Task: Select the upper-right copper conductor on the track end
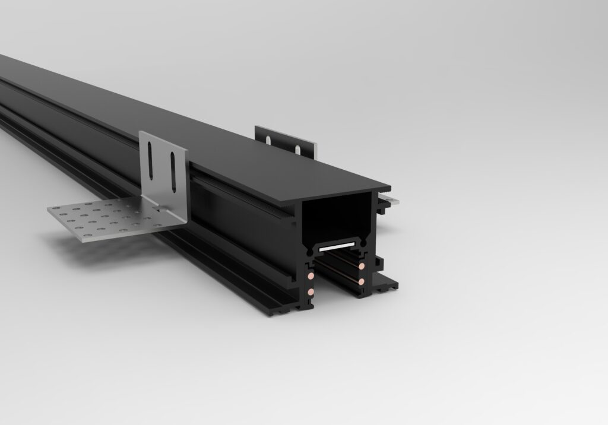pos(360,267)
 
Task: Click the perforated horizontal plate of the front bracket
pos(107,220)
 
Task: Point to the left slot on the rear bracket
pos(270,141)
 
